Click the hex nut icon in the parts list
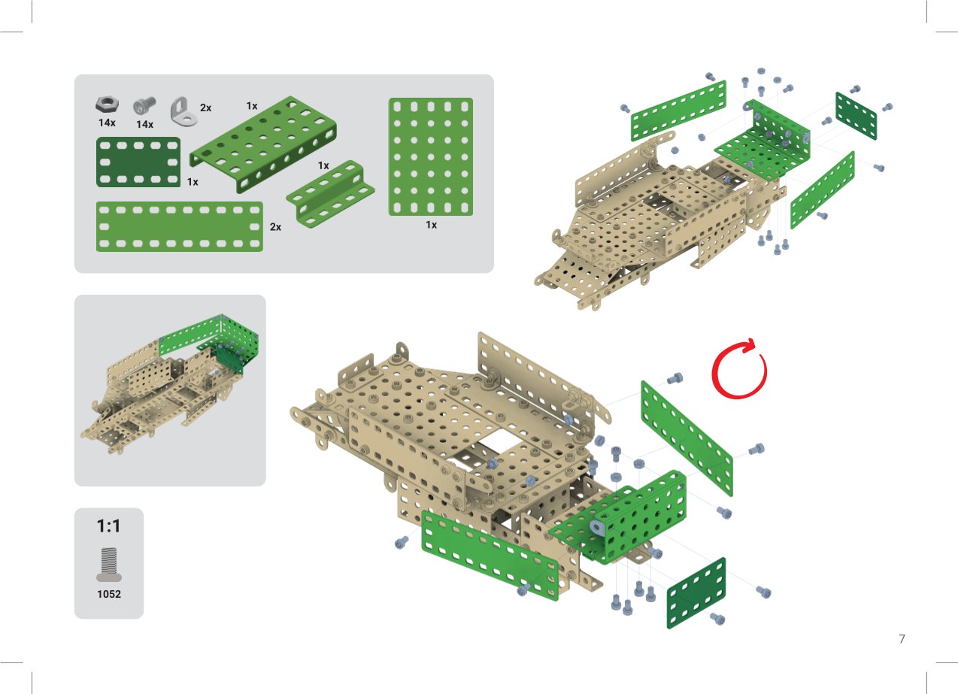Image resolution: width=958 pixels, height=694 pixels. pyautogui.click(x=107, y=105)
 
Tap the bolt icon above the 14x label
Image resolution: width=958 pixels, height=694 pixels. pyautogui.click(x=144, y=105)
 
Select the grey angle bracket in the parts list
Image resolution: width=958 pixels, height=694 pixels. pyautogui.click(x=183, y=111)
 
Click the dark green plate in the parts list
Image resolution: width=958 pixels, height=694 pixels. pyautogui.click(x=138, y=162)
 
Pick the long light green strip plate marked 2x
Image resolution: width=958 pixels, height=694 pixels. pyautogui.click(x=180, y=226)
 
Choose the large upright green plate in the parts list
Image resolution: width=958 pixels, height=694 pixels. pyautogui.click(x=431, y=156)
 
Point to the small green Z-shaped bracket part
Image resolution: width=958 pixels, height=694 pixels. pyautogui.click(x=330, y=194)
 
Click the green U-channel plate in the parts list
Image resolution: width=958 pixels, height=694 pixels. pyautogui.click(x=263, y=144)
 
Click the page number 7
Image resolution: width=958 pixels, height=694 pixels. pyautogui.click(x=902, y=639)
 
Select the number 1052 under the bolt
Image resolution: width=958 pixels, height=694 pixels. pyautogui.click(x=109, y=594)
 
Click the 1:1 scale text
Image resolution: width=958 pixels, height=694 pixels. pyautogui.click(x=108, y=526)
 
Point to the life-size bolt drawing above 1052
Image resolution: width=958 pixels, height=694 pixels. pyautogui.click(x=109, y=565)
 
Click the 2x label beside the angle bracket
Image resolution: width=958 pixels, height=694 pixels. pyautogui.click(x=206, y=108)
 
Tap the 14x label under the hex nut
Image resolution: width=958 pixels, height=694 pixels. pyautogui.click(x=107, y=123)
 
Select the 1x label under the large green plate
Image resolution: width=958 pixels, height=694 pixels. pyautogui.click(x=431, y=225)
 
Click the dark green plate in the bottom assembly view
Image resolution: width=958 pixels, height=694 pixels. pyautogui.click(x=696, y=592)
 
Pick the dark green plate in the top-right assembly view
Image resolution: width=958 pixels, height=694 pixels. pyautogui.click(x=856, y=116)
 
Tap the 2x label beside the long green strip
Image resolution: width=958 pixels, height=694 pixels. pyautogui.click(x=275, y=227)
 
